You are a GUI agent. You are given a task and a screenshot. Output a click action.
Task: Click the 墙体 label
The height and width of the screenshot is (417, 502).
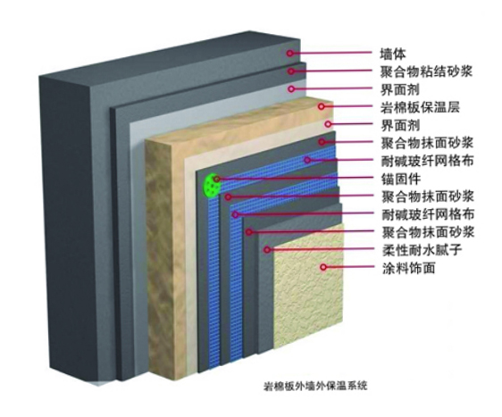[393, 54]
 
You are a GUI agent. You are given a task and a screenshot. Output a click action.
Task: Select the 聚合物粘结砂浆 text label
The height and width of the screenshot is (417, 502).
[426, 71]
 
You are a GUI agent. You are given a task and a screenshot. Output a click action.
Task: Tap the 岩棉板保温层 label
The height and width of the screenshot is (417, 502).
[420, 107]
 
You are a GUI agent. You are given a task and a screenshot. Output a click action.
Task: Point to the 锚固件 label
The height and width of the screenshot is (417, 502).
[400, 179]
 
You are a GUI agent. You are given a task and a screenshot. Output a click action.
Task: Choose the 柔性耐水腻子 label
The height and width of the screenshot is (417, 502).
[422, 250]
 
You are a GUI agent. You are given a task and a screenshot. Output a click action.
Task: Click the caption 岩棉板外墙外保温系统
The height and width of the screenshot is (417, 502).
[315, 386]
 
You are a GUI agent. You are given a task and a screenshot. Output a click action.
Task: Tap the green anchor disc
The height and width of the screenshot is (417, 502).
[212, 185]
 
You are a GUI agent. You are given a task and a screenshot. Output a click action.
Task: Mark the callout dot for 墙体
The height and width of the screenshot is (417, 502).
[289, 53]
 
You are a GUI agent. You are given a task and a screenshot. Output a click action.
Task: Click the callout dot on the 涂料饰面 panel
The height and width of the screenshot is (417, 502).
[323, 267]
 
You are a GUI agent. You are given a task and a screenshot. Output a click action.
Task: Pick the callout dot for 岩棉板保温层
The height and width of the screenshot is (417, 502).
[322, 106]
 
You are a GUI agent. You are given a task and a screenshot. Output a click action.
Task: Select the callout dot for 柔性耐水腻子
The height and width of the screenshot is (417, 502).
[267, 249]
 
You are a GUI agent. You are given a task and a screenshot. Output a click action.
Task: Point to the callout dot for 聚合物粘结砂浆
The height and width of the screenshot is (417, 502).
[290, 71]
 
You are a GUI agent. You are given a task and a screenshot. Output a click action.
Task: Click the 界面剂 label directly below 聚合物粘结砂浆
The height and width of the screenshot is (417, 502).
[399, 89]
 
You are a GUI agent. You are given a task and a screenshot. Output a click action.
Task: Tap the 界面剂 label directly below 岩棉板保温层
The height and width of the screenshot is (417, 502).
[400, 125]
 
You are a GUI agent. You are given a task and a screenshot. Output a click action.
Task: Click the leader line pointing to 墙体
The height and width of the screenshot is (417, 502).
[331, 53]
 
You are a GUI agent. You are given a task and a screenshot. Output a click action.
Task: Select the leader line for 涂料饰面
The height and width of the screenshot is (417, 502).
[350, 267]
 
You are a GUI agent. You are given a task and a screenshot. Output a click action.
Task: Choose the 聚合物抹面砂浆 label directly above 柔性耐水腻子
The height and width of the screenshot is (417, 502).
[428, 232]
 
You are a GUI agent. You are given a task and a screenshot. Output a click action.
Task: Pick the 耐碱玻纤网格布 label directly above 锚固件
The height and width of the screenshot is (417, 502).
[427, 161]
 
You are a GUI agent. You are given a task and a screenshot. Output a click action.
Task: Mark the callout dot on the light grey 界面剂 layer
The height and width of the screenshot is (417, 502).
[291, 88]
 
